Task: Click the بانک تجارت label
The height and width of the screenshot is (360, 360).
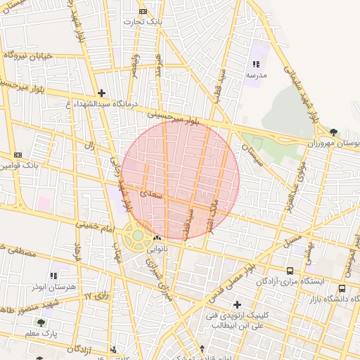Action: [142, 22]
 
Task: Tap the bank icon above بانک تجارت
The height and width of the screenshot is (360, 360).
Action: [143, 11]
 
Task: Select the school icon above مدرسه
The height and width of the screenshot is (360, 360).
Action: [255, 64]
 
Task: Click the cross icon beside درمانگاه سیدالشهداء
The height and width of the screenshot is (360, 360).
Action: [102, 93]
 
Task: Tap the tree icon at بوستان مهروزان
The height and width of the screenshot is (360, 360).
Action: [333, 131]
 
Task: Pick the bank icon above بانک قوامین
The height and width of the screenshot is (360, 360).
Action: [18, 155]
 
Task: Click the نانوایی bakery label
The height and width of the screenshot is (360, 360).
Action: [157, 249]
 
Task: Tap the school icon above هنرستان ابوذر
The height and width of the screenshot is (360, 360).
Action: [53, 276]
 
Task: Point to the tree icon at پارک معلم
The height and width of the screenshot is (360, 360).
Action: [41, 322]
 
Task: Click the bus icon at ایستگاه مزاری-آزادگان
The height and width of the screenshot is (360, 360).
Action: [290, 271]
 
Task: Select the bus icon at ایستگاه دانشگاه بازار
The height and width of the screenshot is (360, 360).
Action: [342, 288]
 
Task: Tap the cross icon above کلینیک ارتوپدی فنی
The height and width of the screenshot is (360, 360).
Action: [237, 305]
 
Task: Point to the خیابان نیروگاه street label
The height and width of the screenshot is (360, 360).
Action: [29, 56]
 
